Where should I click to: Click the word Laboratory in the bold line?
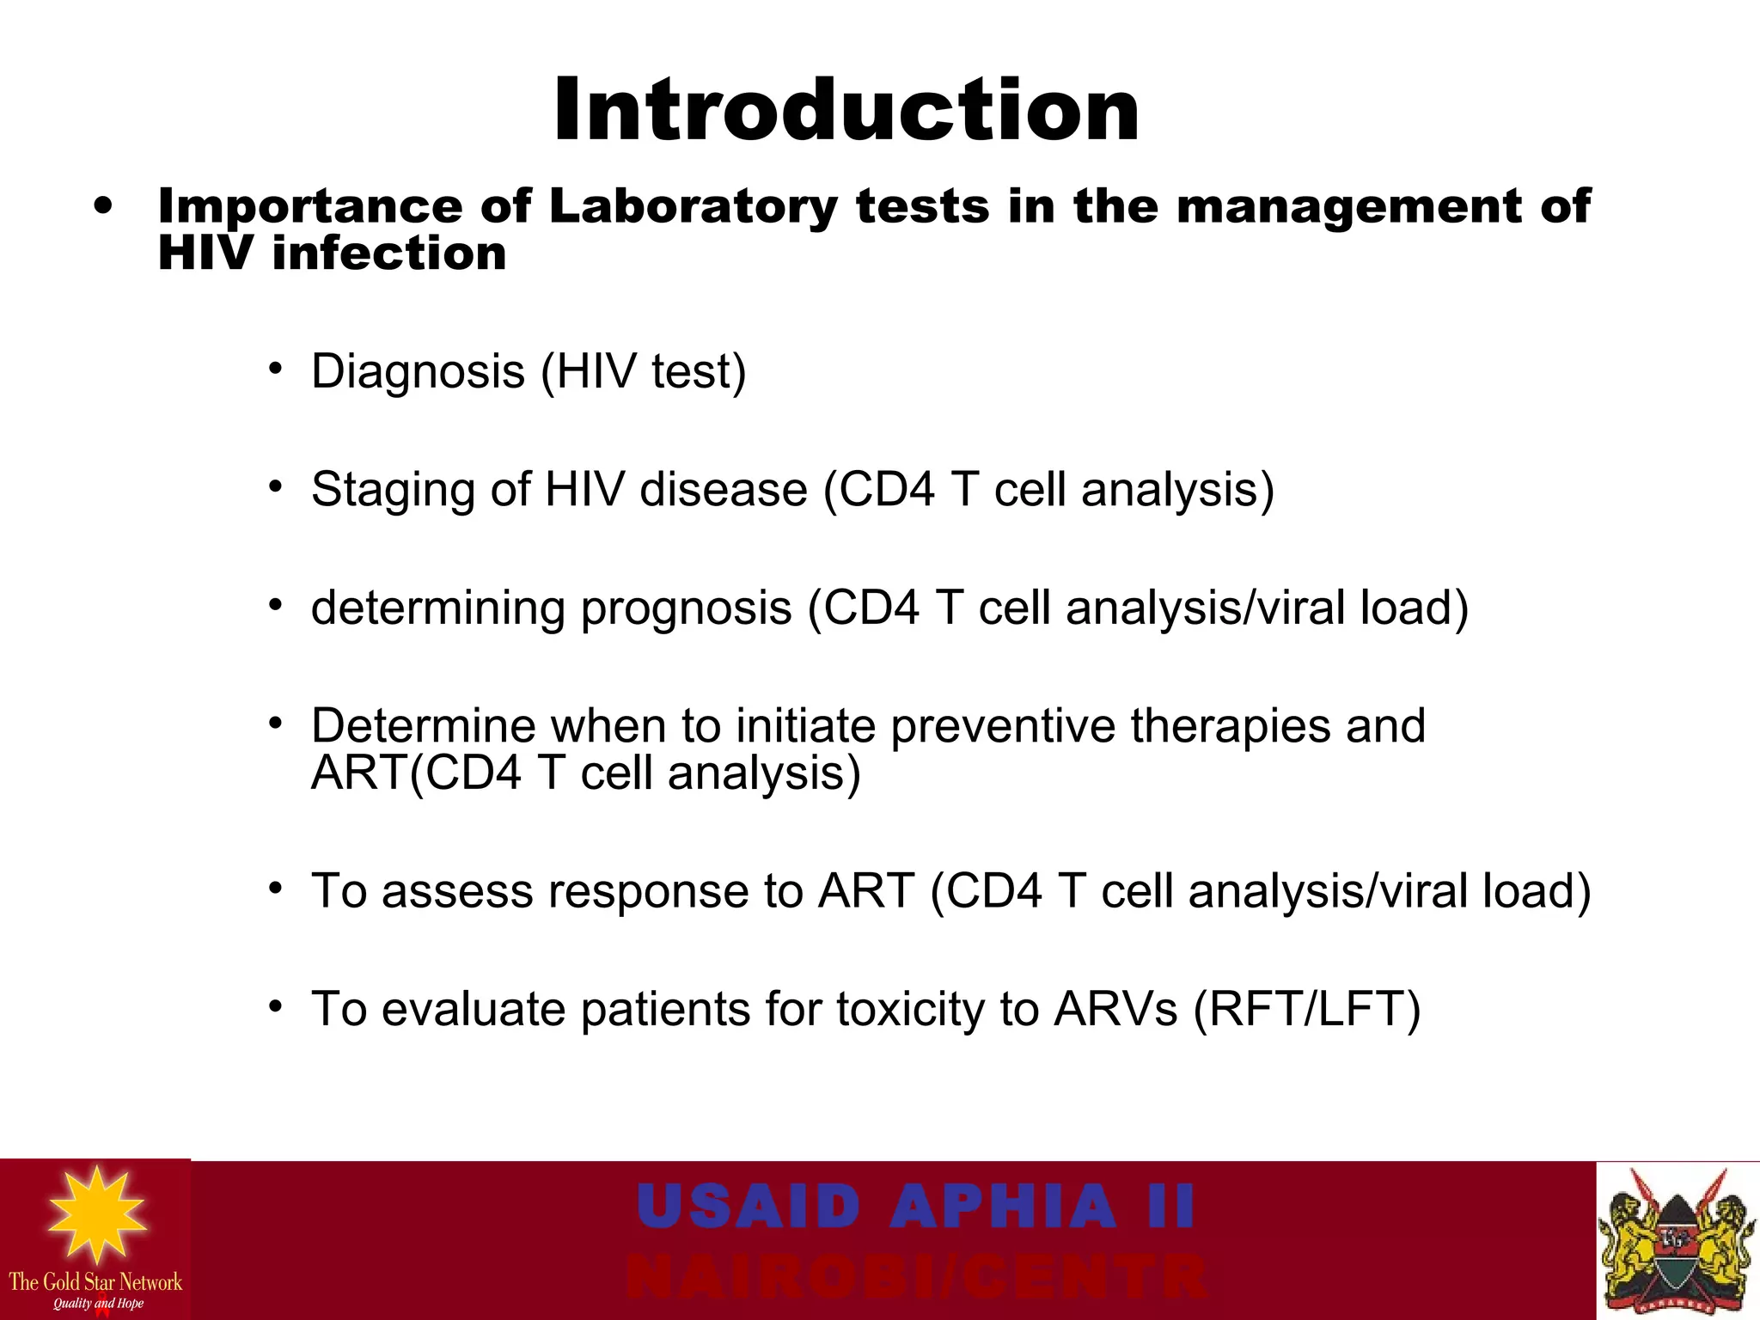693,207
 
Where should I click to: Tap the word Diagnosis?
418,371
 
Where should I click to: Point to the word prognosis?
686,608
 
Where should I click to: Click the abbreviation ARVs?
1115,1009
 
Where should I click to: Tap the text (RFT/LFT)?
1307,1009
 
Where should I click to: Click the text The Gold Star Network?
95,1282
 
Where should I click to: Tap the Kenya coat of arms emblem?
1677,1242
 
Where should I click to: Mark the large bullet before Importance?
104,206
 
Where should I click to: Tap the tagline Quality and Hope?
98,1304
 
